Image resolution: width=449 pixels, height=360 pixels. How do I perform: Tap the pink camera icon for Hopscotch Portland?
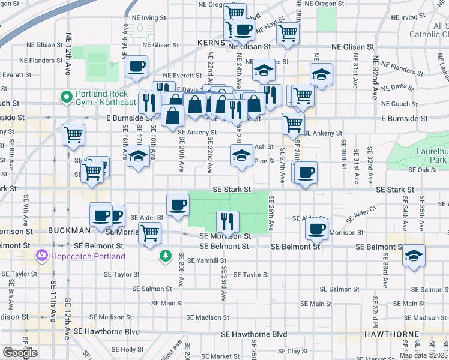(x=42, y=256)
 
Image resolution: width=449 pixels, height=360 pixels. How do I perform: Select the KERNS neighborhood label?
(x=210, y=43)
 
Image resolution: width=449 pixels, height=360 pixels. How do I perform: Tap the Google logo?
(x=20, y=353)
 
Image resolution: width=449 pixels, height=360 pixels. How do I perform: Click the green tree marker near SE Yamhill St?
(x=165, y=256)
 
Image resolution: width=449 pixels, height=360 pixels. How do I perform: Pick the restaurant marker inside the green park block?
(x=227, y=221)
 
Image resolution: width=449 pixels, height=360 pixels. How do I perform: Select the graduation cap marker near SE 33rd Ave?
(x=413, y=255)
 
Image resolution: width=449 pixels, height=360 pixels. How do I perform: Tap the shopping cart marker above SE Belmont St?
(x=149, y=232)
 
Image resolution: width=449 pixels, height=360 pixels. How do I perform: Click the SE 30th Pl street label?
(x=343, y=152)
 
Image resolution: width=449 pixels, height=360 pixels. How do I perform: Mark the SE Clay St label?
(x=289, y=351)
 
